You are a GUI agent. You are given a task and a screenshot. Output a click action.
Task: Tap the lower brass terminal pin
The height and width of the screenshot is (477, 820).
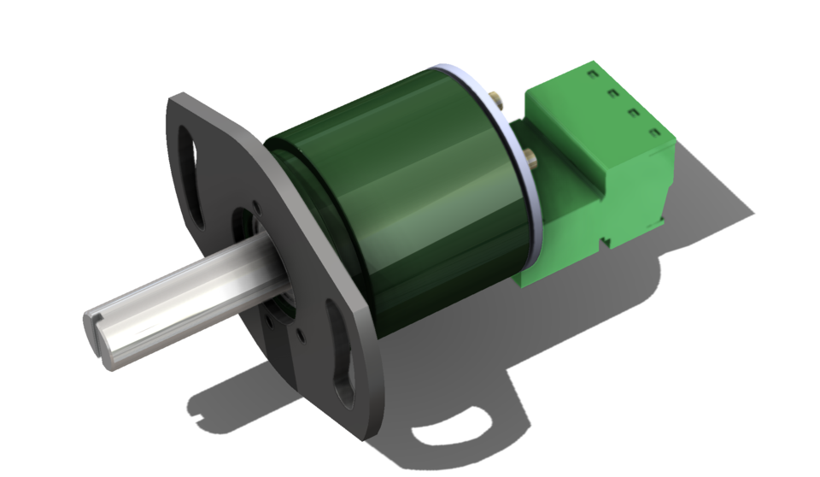[530, 156]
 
